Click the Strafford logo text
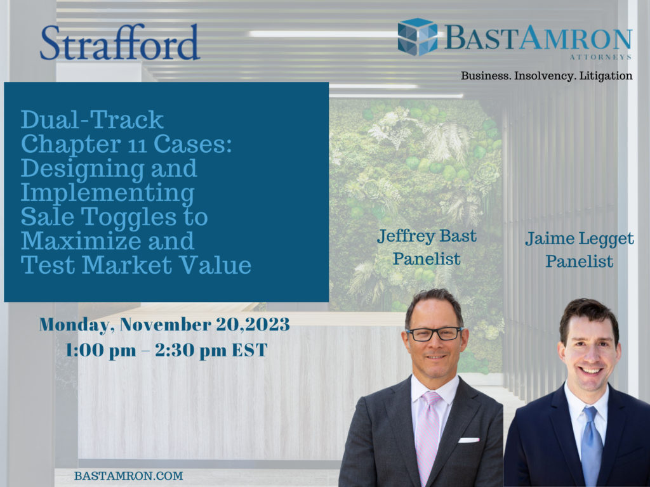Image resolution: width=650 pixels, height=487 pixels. tap(120, 42)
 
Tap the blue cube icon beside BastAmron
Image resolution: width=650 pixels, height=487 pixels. tap(417, 37)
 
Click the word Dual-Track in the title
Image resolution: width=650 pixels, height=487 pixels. tap(93, 119)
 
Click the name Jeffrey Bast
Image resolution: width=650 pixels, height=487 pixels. tap(427, 237)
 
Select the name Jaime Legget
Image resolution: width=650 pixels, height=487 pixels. tap(580, 239)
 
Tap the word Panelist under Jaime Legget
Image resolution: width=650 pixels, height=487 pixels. tap(580, 261)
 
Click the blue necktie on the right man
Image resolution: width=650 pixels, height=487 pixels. tap(592, 444)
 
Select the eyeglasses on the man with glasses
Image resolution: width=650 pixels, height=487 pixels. tap(435, 334)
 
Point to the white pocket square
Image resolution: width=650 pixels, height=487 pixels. tap(468, 439)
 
